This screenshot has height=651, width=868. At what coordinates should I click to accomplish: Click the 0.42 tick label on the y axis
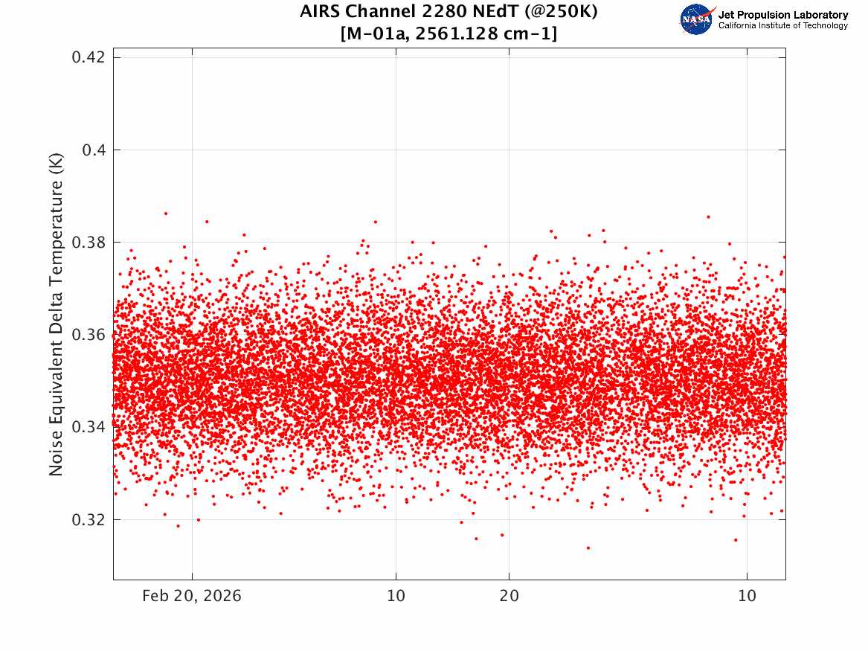(x=89, y=57)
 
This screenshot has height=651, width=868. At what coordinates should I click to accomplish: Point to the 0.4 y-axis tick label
(x=94, y=150)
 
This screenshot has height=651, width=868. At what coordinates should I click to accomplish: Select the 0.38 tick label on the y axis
(x=89, y=243)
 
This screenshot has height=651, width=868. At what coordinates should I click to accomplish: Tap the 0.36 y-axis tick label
(x=89, y=335)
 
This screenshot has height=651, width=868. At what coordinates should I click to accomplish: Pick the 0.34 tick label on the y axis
(x=89, y=427)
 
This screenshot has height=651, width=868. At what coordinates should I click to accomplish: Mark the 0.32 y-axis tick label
(x=89, y=520)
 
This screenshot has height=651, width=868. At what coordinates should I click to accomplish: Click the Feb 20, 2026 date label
(x=192, y=596)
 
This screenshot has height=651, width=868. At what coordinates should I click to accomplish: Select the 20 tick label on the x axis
(x=509, y=596)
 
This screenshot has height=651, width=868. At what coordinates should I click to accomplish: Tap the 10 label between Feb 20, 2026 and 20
(x=396, y=596)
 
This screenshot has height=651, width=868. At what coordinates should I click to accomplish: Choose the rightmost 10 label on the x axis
(x=747, y=596)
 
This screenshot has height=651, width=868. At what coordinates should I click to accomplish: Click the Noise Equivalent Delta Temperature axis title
(x=56, y=315)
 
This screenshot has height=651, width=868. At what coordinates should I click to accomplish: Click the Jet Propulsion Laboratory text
(x=783, y=15)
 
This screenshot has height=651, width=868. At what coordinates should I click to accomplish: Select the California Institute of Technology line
(x=783, y=25)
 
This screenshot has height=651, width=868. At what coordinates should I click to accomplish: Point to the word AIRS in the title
(x=321, y=12)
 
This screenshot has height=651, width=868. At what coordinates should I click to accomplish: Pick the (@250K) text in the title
(x=562, y=12)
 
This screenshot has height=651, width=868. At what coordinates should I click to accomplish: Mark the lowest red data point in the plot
(x=588, y=548)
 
